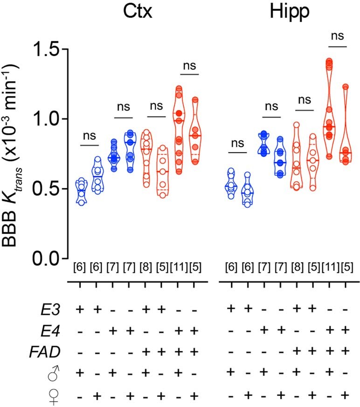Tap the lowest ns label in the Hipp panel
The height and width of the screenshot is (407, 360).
tap(238, 143)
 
